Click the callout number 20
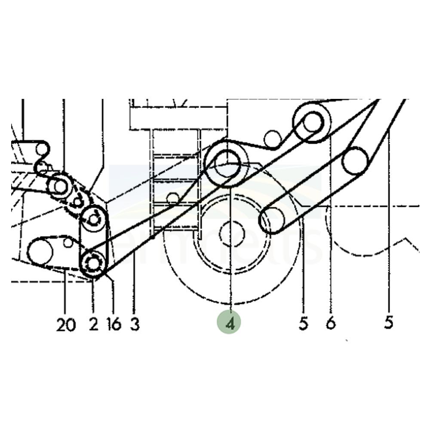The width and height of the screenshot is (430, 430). [x=66, y=325]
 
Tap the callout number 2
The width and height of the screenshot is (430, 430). [x=94, y=325]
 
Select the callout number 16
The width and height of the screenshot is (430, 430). [x=114, y=325]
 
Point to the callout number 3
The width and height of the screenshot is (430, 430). [x=135, y=325]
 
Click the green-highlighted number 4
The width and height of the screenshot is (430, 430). [x=230, y=323]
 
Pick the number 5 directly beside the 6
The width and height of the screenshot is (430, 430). [x=304, y=323]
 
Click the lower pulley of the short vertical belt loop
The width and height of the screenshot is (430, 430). [x=93, y=261]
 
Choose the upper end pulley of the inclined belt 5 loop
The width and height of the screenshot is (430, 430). [x=355, y=161]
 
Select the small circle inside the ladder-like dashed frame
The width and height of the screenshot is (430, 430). [x=173, y=198]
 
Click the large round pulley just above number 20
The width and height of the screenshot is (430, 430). [x=40, y=252]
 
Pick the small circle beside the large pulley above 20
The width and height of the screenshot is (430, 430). [x=68, y=243]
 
